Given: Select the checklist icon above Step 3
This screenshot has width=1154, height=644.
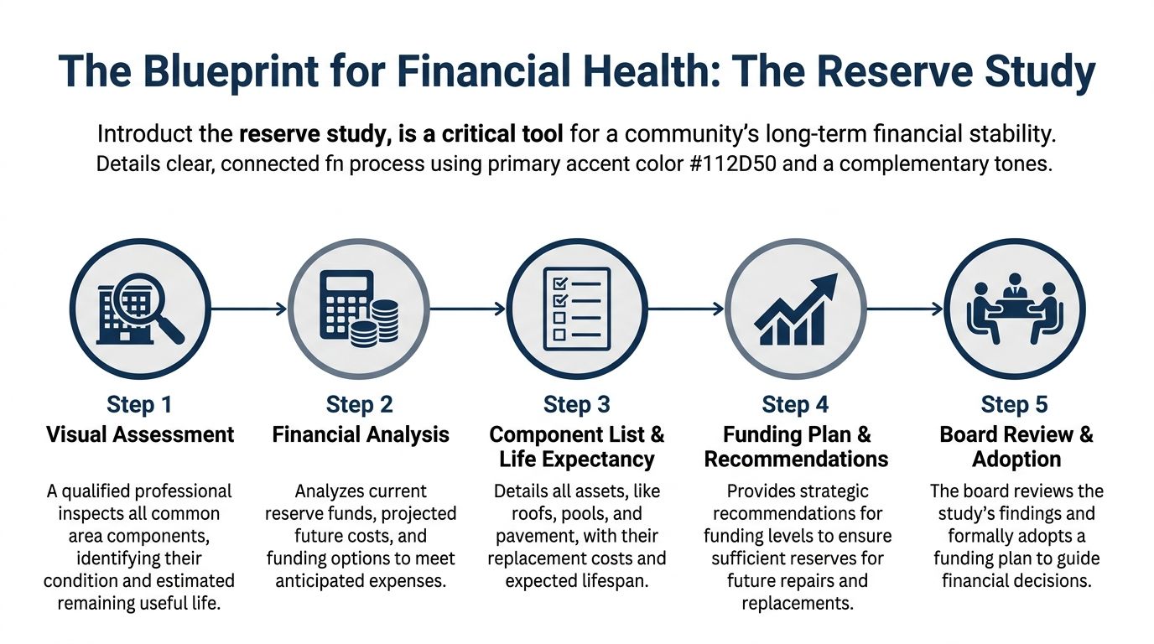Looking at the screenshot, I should tap(577, 309).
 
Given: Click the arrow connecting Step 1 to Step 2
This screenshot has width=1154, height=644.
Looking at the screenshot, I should tap(247, 309).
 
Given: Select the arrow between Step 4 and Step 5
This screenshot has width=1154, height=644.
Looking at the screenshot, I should tap(904, 309).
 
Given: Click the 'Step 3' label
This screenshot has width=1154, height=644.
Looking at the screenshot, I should tap(577, 405).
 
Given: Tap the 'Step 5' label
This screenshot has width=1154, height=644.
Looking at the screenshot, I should tap(1014, 405).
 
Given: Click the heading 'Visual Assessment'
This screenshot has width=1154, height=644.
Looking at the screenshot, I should tap(140, 434).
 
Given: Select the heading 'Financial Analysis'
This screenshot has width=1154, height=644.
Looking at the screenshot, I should tap(361, 434).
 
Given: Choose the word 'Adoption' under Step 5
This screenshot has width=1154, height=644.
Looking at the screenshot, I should tap(1016, 460).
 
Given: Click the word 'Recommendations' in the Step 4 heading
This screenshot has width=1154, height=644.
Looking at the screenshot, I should tap(796, 460).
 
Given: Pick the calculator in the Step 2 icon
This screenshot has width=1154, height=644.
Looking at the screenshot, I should tap(343, 303).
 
